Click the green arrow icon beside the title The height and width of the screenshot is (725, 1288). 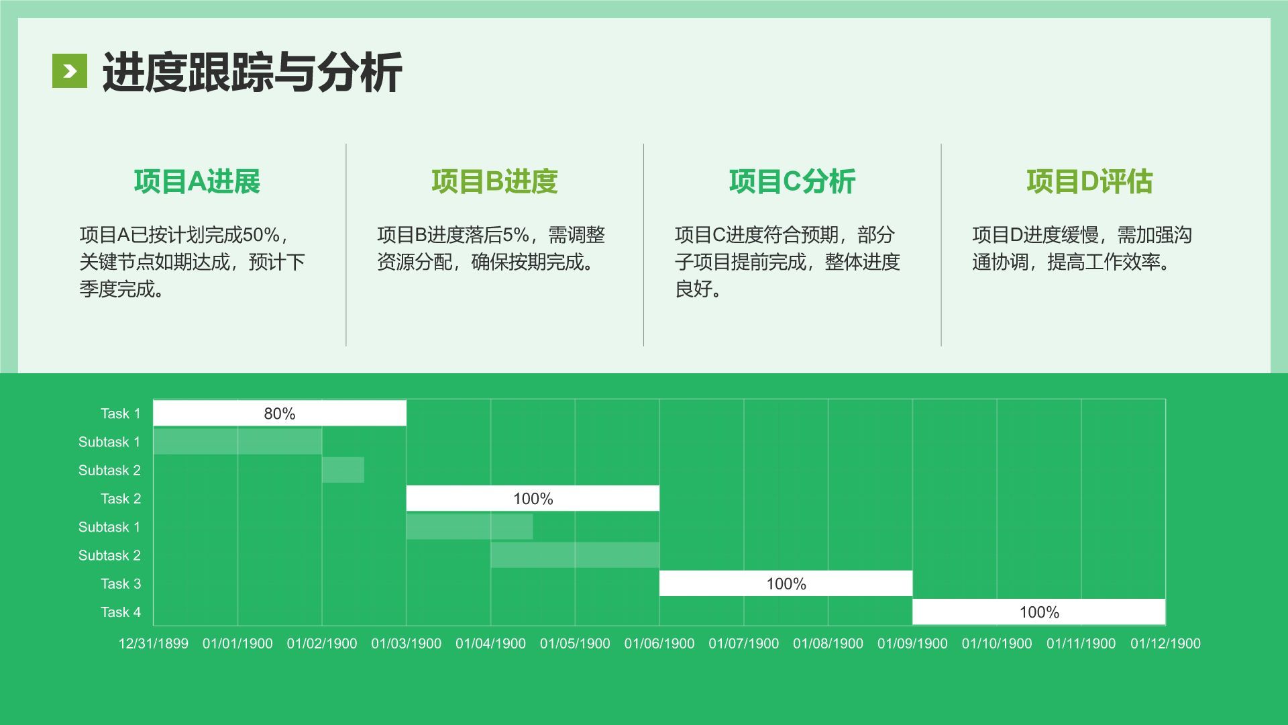click(x=70, y=71)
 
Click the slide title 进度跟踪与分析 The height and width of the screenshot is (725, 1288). click(x=252, y=72)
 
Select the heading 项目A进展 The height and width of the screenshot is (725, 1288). click(x=197, y=182)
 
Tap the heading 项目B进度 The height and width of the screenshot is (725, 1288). click(x=494, y=182)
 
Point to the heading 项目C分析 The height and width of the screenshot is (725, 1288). click(x=792, y=182)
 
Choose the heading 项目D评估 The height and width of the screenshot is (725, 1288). click(x=1089, y=182)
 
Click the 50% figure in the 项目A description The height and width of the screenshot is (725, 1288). click(x=261, y=235)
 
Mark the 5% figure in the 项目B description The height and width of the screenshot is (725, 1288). click(x=515, y=235)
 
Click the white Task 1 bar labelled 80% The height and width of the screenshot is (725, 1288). click(x=280, y=414)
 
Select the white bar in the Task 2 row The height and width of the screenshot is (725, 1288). click(x=533, y=499)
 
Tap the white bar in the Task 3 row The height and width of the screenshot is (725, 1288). click(x=786, y=584)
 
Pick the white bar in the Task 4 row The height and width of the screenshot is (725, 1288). click(x=1038, y=612)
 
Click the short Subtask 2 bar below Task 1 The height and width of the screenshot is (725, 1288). click(x=343, y=470)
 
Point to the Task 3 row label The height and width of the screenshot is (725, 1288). click(x=121, y=584)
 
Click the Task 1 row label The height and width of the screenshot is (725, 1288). click(x=121, y=414)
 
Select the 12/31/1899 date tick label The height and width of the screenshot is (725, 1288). click(x=153, y=644)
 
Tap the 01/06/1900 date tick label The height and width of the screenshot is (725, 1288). click(x=659, y=644)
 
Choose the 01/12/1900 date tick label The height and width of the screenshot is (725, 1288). click(x=1165, y=644)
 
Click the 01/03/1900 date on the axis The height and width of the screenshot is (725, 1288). click(x=406, y=644)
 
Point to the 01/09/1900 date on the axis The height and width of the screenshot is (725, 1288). click(x=912, y=644)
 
